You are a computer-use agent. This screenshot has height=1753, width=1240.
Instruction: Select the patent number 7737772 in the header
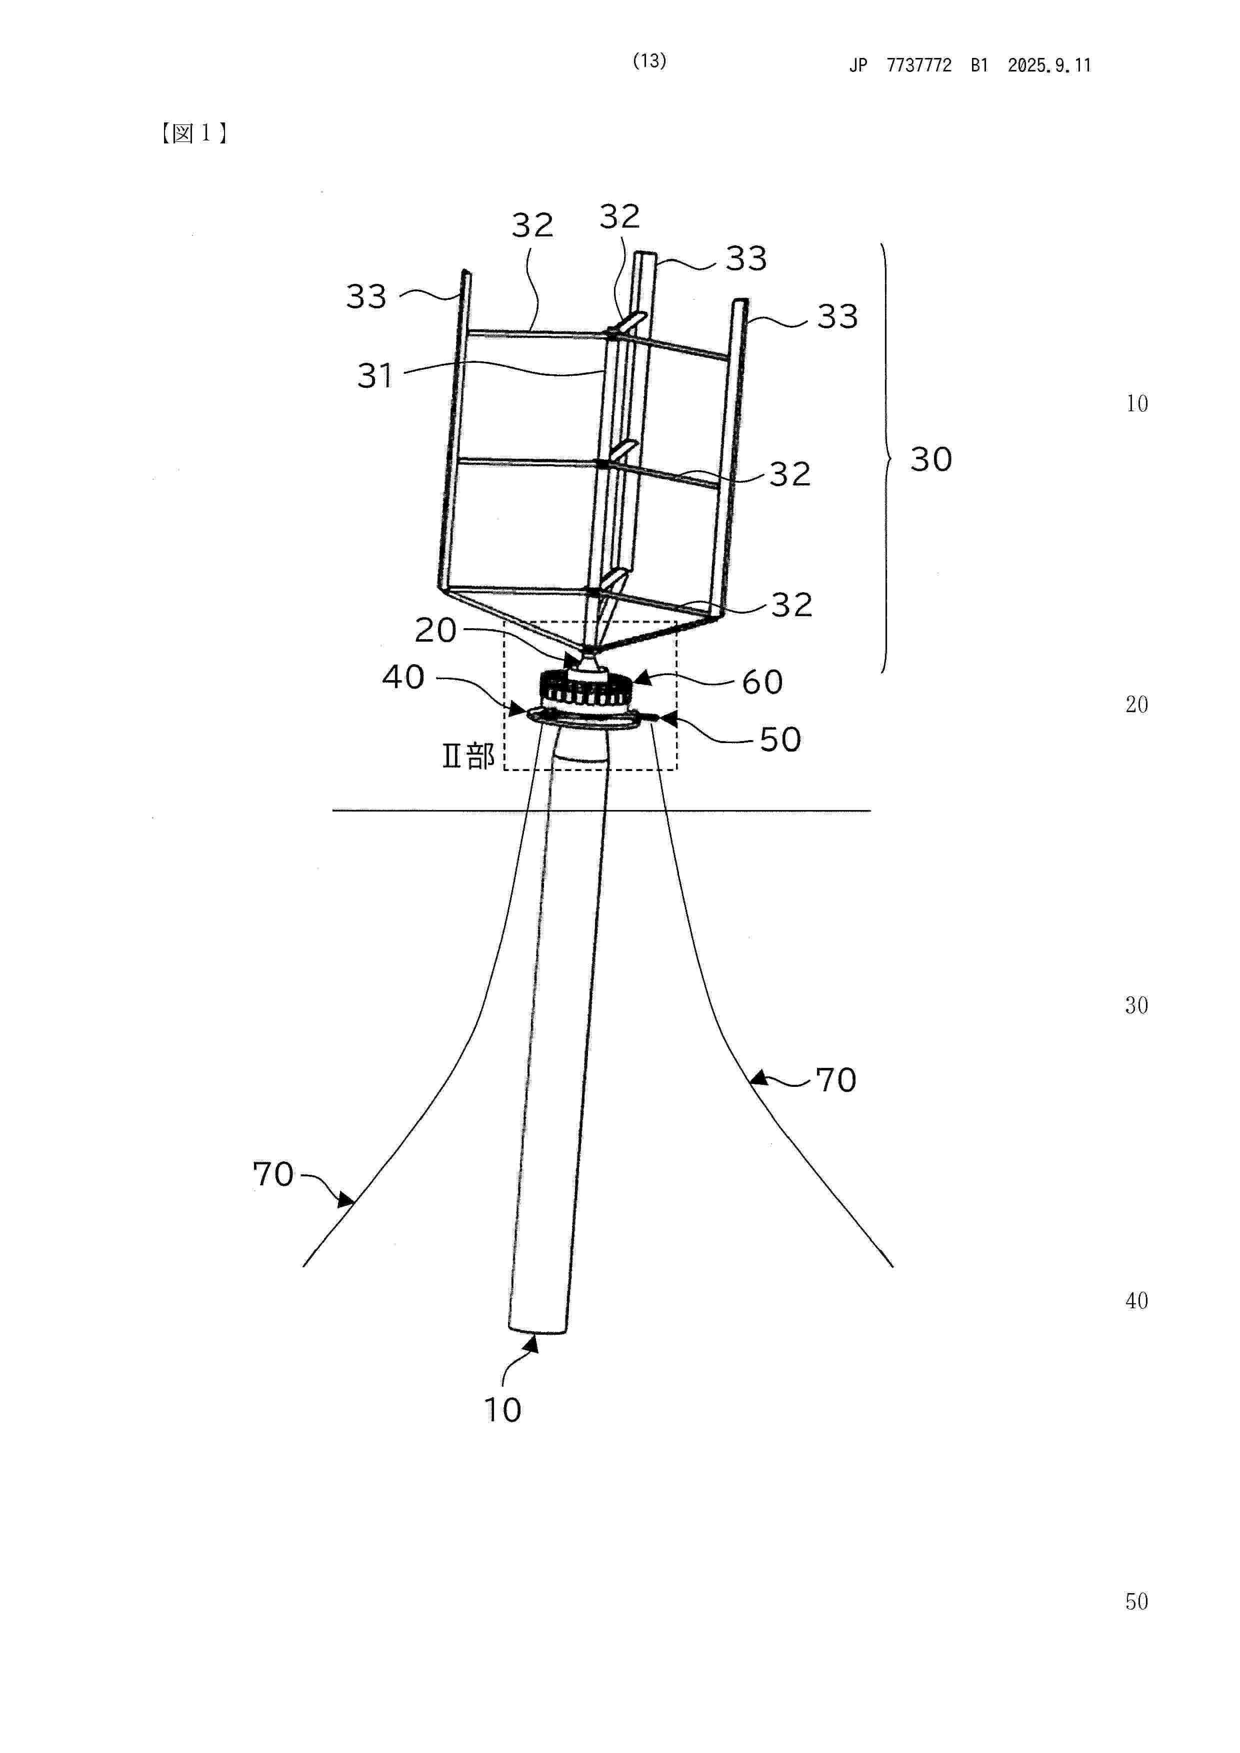[919, 65]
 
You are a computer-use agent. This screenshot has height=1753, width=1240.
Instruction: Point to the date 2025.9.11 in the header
[1049, 65]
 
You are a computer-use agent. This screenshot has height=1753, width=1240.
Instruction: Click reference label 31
[375, 376]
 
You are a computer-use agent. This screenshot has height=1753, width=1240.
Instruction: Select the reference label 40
[403, 677]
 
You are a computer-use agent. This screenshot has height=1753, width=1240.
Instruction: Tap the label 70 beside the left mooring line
[273, 1174]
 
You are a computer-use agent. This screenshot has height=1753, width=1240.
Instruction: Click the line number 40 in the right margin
[1136, 1301]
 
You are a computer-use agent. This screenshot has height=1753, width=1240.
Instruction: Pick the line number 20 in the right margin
[1136, 705]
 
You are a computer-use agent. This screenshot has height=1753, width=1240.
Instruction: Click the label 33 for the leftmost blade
[366, 297]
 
